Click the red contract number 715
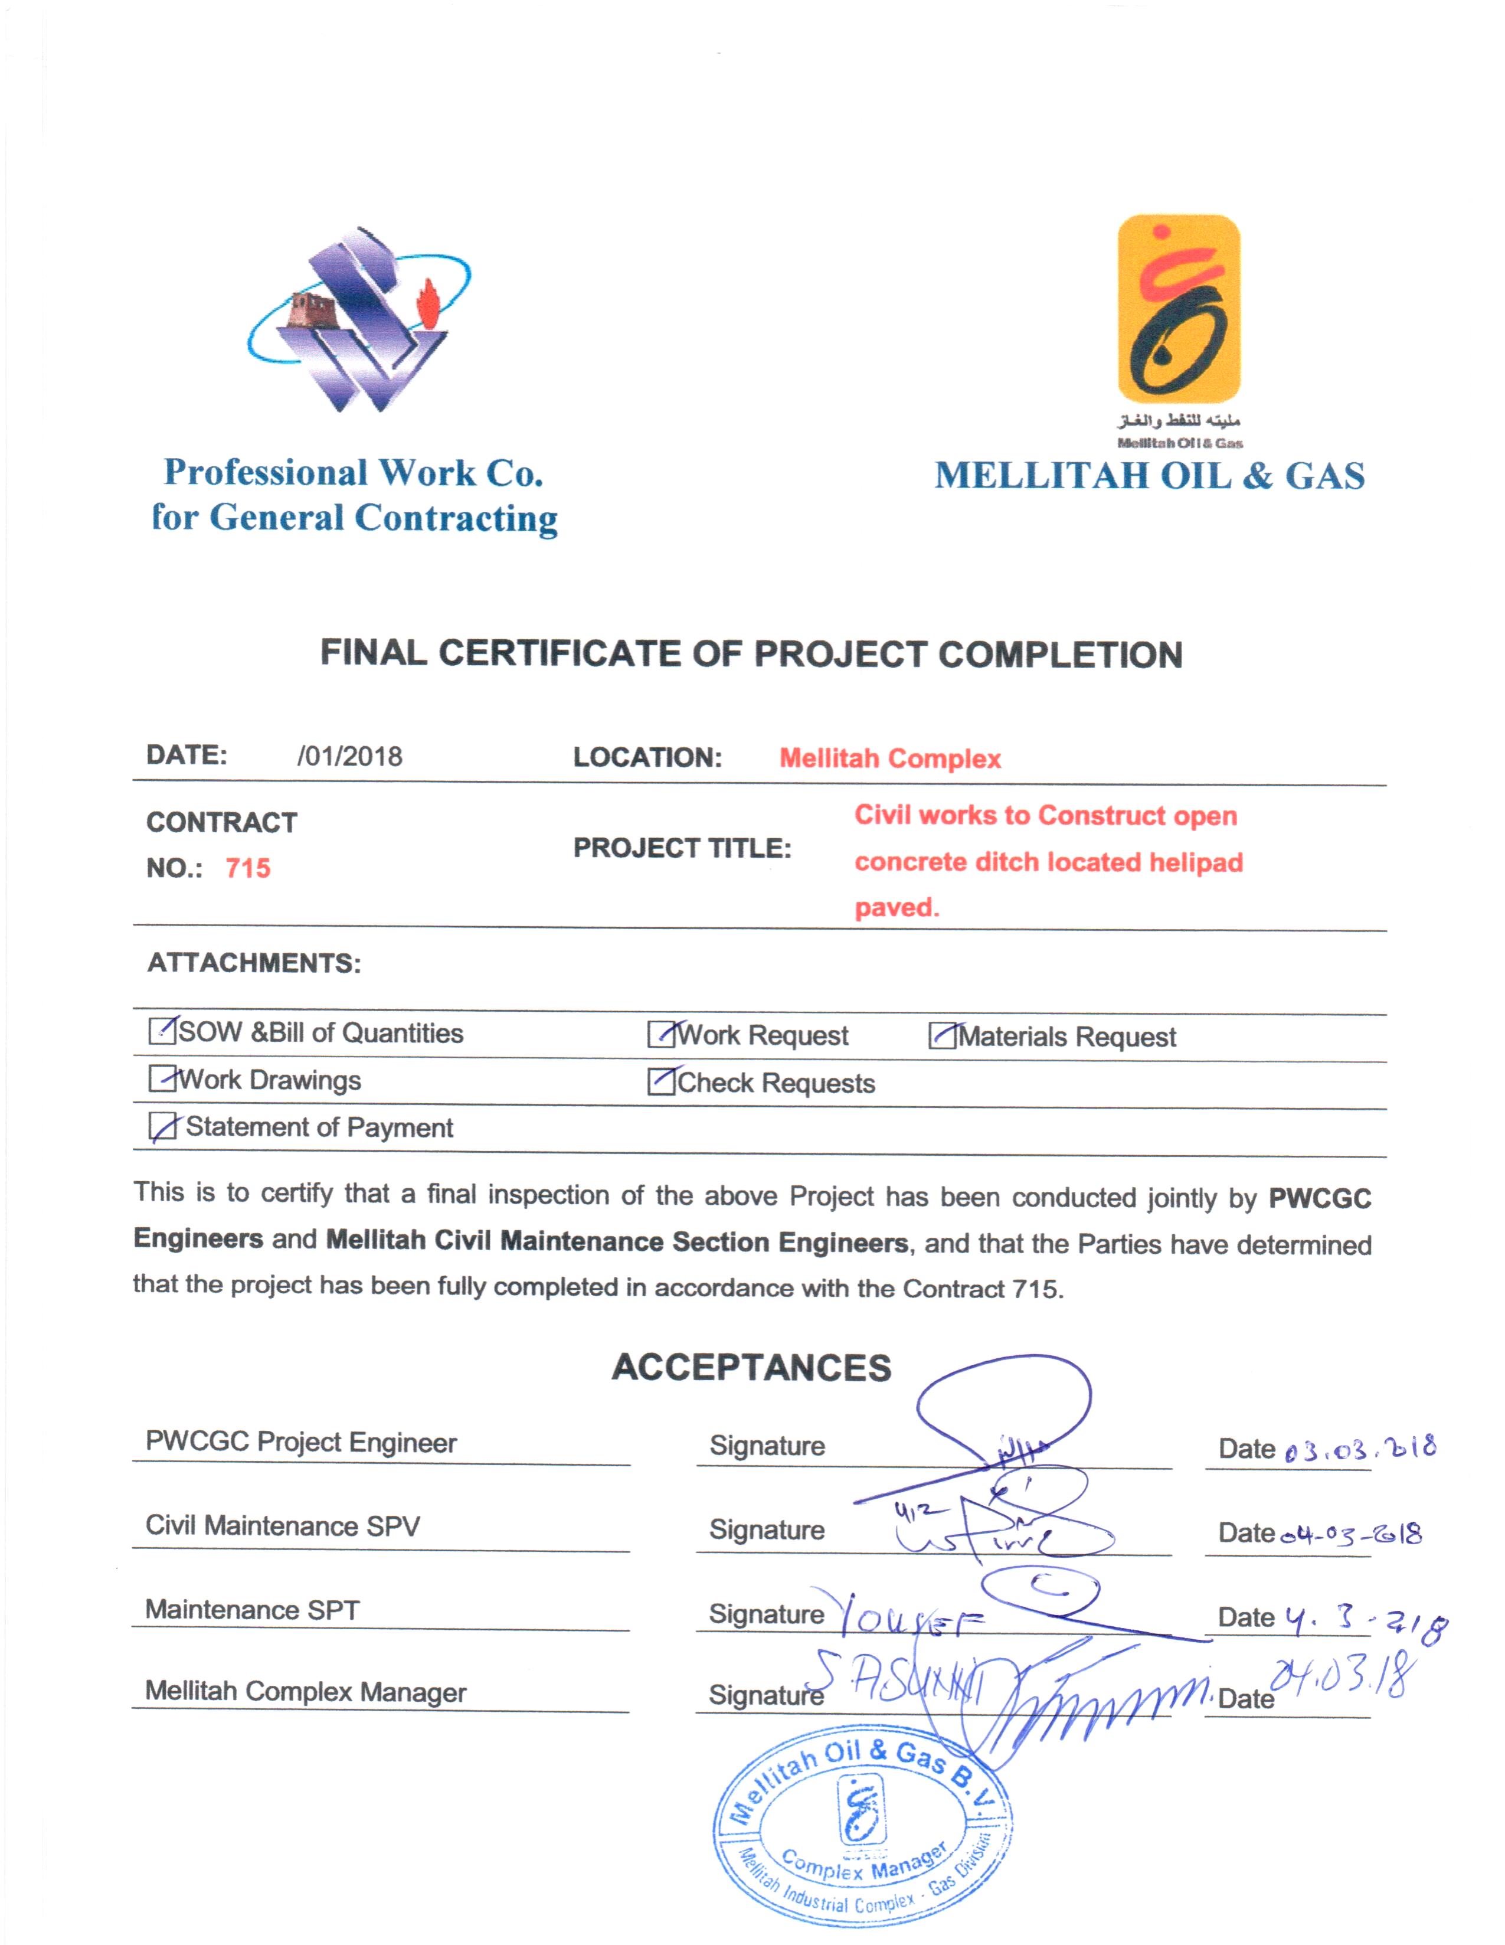[247, 868]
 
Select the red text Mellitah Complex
[889, 759]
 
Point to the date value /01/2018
[349, 757]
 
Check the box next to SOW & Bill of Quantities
[162, 1031]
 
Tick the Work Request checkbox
[661, 1034]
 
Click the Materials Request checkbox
[941, 1036]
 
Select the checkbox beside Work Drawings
[162, 1078]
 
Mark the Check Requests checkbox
[661, 1081]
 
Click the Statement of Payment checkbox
[162, 1127]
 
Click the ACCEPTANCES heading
[751, 1368]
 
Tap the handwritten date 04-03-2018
[1351, 1534]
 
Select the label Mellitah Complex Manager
[306, 1692]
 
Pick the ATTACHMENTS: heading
[254, 963]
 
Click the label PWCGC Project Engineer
[301, 1443]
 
